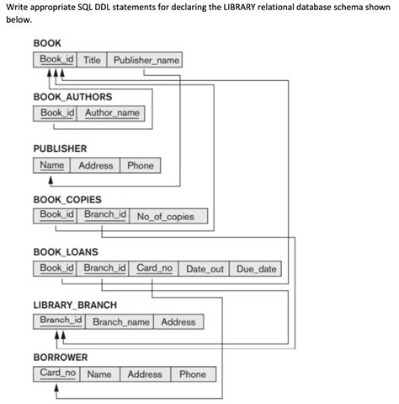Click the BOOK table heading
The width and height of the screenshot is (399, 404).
click(x=46, y=43)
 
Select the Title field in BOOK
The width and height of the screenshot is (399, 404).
click(x=92, y=61)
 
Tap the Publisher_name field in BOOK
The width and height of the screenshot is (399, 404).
click(x=146, y=61)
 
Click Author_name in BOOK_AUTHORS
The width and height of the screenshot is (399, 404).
click(x=113, y=113)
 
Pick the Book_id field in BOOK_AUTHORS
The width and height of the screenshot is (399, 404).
click(x=57, y=113)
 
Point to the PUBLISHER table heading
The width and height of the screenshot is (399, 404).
click(x=60, y=148)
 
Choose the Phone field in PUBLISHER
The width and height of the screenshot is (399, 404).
click(x=141, y=165)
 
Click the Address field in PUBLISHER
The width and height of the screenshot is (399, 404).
click(x=95, y=165)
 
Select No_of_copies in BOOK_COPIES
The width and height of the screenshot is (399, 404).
click(x=165, y=217)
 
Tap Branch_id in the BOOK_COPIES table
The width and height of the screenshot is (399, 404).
click(x=104, y=216)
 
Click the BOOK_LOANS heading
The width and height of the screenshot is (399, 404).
click(x=65, y=252)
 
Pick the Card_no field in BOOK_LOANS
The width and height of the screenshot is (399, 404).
click(x=154, y=269)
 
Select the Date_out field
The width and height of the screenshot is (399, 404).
click(x=205, y=269)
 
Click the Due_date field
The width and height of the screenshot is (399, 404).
click(x=256, y=269)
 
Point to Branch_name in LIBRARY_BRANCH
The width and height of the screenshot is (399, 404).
click(x=120, y=322)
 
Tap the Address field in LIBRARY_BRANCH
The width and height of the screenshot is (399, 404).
click(x=178, y=322)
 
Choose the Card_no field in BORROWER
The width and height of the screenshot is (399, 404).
click(x=57, y=374)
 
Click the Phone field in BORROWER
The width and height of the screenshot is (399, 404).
click(x=192, y=374)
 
